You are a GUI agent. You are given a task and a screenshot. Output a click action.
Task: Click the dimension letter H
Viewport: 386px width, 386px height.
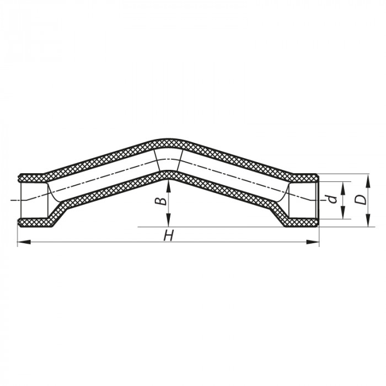click(x=169, y=236)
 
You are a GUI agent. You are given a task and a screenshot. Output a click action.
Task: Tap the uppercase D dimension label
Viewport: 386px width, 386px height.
click(x=360, y=199)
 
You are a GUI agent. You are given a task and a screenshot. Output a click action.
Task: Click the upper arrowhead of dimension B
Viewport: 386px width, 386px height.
click(x=168, y=184)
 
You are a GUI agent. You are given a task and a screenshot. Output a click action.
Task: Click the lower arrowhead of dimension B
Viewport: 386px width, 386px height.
click(x=168, y=223)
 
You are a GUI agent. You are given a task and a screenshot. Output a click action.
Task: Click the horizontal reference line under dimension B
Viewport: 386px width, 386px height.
click(x=221, y=227)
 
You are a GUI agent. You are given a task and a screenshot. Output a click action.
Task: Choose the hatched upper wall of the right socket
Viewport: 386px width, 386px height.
click(x=303, y=178)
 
